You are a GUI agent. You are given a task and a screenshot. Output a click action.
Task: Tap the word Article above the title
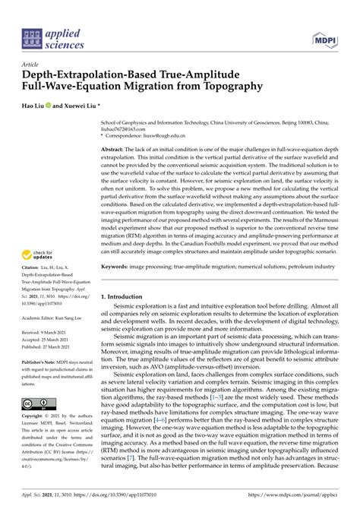click(31, 64)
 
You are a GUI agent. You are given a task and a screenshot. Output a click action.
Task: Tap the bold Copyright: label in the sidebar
click(33, 417)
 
